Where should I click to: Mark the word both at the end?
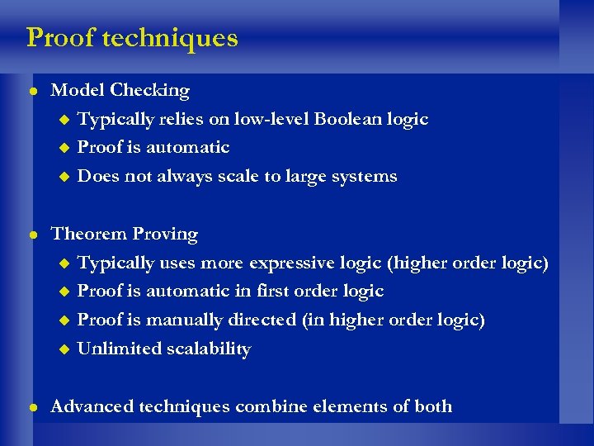(433, 406)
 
